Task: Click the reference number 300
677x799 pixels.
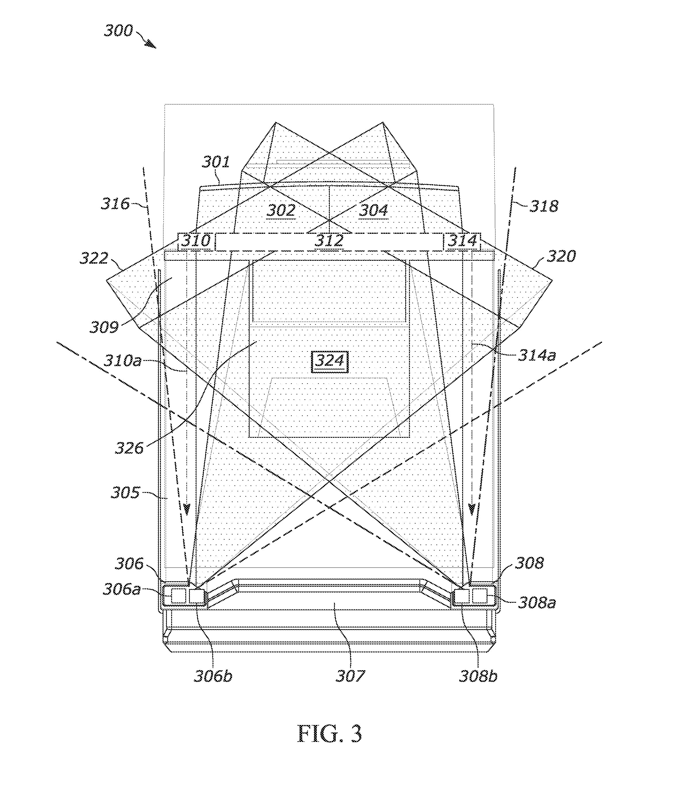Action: click(x=118, y=31)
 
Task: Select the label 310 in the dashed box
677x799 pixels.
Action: click(x=196, y=241)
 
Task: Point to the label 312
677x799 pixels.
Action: click(x=329, y=241)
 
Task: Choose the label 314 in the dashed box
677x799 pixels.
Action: click(x=462, y=241)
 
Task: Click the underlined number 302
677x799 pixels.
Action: click(x=281, y=211)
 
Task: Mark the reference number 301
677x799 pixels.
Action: click(x=216, y=162)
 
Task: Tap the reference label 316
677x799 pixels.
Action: click(x=115, y=204)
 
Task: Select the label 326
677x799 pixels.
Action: click(x=129, y=448)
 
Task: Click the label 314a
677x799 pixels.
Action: click(x=537, y=355)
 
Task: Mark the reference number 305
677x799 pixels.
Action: click(x=125, y=492)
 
